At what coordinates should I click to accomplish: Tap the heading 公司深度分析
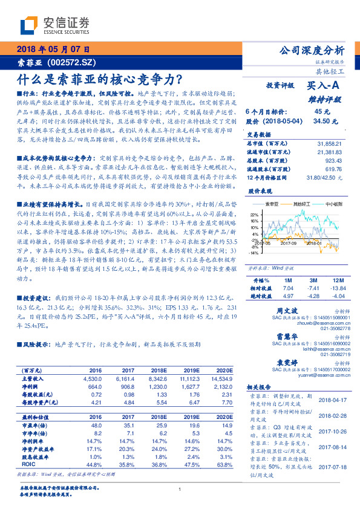[312, 50]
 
